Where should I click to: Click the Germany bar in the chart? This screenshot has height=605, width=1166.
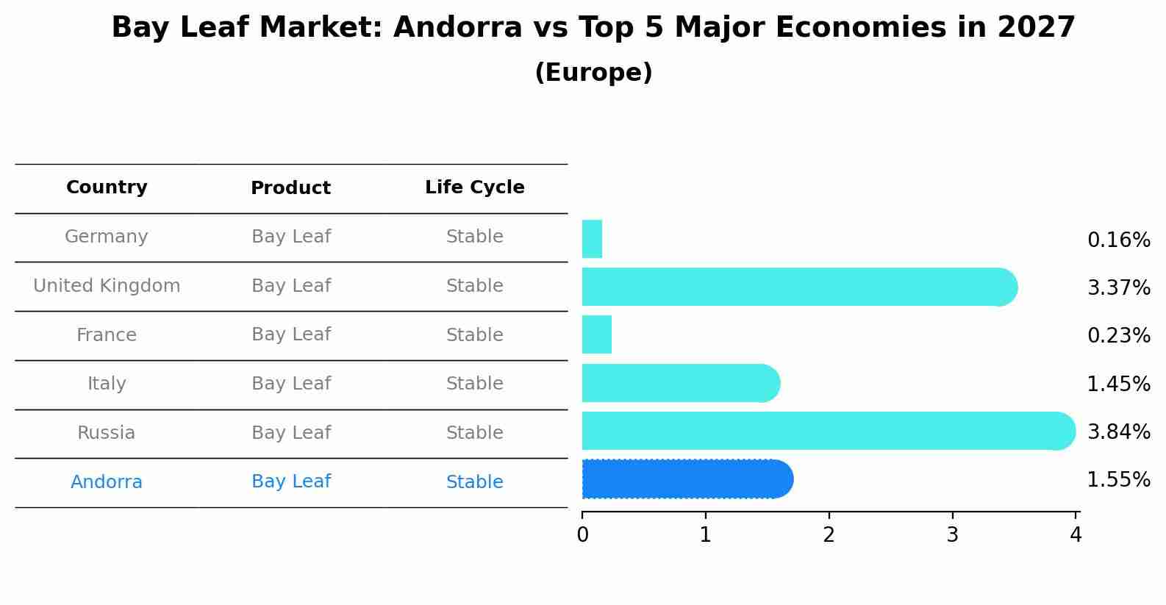point(592,239)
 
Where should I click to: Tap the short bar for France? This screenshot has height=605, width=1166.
point(596,334)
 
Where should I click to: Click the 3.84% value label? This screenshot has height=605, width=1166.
point(1118,432)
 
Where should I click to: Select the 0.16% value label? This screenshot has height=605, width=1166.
point(1118,240)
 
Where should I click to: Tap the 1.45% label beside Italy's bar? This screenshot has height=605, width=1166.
point(1118,384)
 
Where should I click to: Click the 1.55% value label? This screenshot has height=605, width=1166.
point(1118,480)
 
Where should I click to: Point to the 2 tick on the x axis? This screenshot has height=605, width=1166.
point(829,535)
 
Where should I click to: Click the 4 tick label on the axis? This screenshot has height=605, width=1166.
point(1076,535)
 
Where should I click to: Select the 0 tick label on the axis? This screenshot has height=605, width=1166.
point(582,535)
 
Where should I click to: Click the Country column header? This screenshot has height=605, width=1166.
point(107,187)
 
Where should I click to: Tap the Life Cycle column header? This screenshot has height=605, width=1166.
point(474,187)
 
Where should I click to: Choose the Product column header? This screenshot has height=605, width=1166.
point(290,188)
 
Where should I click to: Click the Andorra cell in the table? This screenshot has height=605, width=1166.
point(107,482)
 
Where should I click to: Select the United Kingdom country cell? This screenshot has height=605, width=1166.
point(107,286)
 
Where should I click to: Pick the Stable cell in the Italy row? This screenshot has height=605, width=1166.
point(474,384)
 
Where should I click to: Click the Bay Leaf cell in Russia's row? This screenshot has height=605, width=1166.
point(290,433)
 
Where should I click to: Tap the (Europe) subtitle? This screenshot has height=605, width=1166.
point(593,73)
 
